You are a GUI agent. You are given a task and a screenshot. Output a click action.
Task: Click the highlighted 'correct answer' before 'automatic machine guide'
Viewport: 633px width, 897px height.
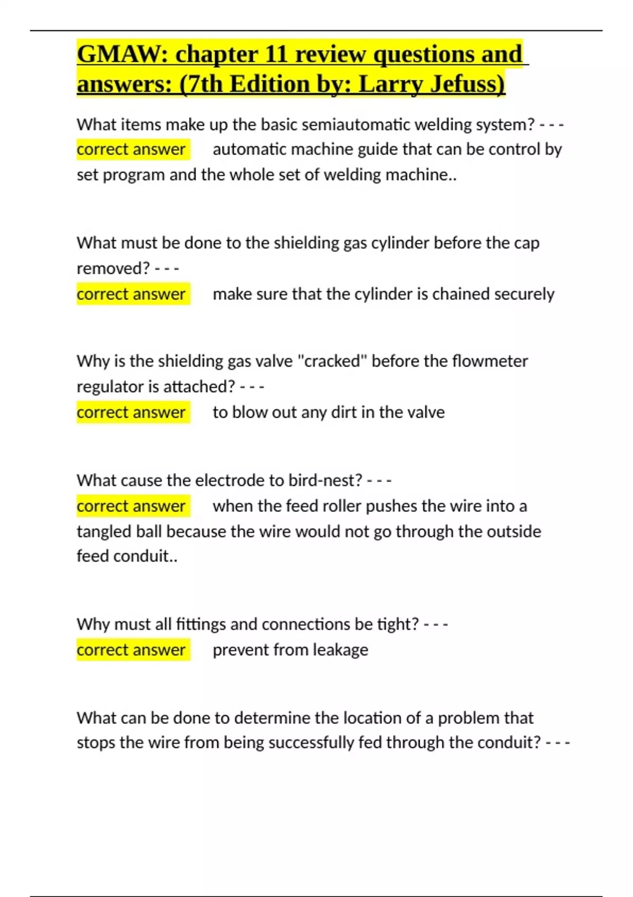coord(131,149)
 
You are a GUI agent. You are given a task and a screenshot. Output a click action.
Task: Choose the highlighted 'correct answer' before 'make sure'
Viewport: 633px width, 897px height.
coord(131,294)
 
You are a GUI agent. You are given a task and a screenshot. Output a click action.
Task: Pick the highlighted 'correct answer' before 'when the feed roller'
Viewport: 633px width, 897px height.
coord(131,506)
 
